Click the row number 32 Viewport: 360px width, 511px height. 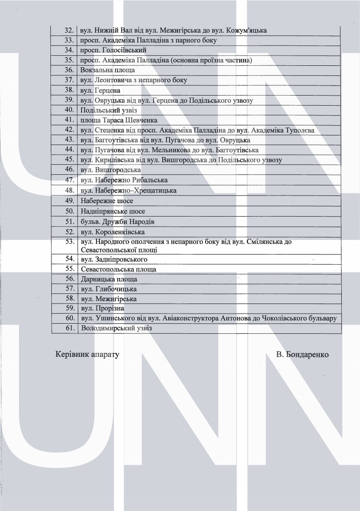(x=69, y=30)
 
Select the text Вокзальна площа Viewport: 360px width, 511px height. (x=108, y=70)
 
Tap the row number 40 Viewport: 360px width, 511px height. (x=69, y=110)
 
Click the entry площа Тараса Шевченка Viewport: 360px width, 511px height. (x=119, y=120)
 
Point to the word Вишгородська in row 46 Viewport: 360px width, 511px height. (x=118, y=170)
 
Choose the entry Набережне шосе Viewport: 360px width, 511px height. (x=107, y=201)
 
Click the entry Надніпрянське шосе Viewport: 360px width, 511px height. (x=113, y=211)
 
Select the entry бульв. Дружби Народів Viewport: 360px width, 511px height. (x=117, y=221)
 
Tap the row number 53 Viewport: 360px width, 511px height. (x=69, y=242)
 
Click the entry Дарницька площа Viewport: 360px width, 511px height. (x=109, y=279)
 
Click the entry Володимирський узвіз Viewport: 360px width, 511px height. (x=116, y=328)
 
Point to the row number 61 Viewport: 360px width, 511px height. (x=69, y=328)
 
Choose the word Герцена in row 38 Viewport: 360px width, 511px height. (x=107, y=90)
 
